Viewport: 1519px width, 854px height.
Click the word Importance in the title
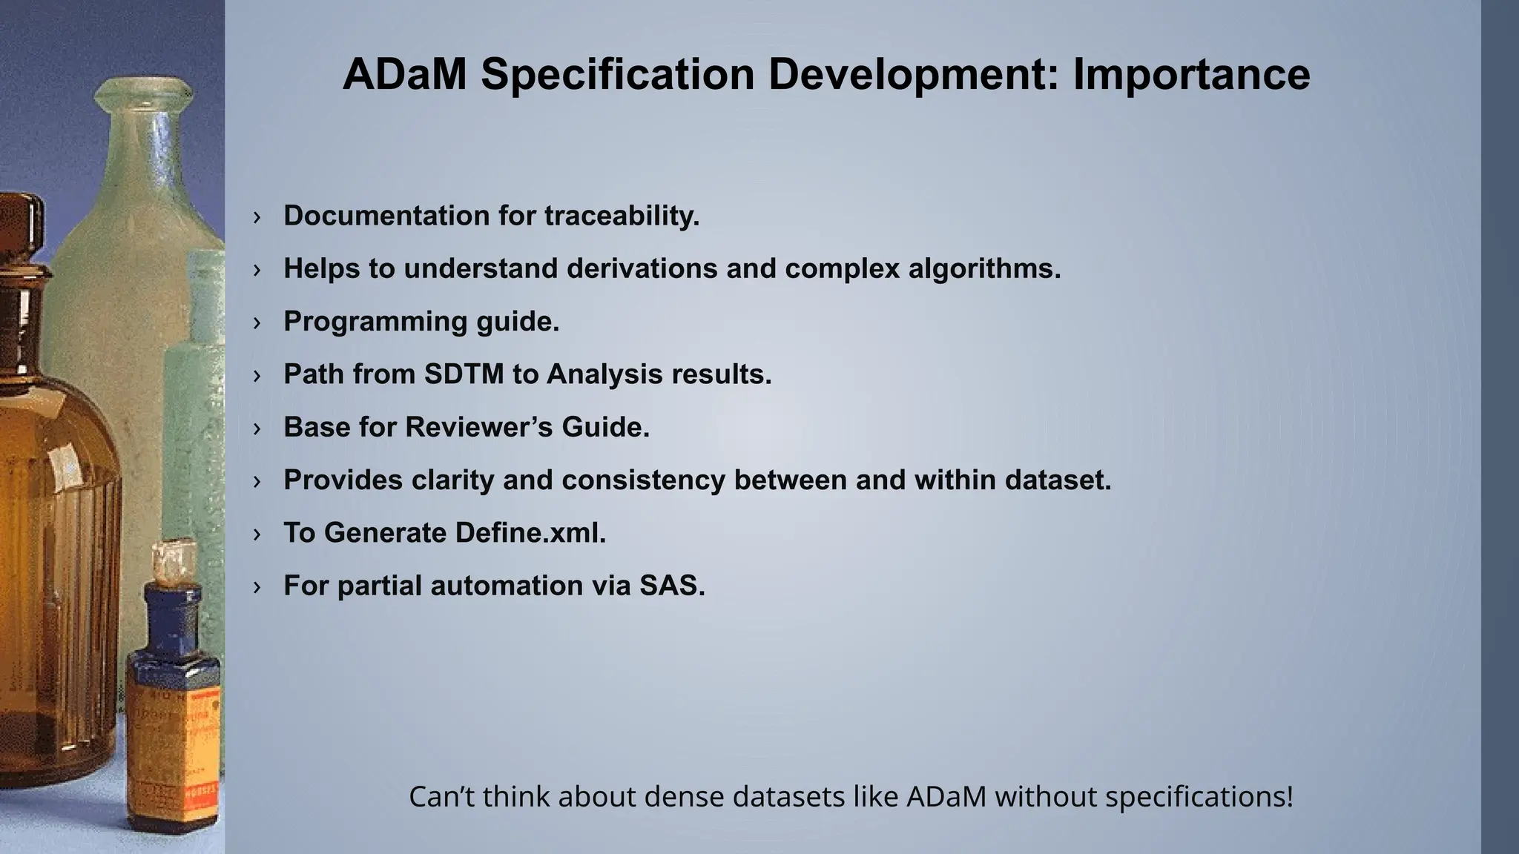[x=1191, y=74]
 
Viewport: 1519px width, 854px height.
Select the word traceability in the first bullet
[x=622, y=216]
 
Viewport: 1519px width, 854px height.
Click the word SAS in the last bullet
[x=671, y=586]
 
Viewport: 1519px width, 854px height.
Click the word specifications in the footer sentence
[x=1199, y=797]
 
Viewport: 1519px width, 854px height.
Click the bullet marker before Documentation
[x=257, y=216]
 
